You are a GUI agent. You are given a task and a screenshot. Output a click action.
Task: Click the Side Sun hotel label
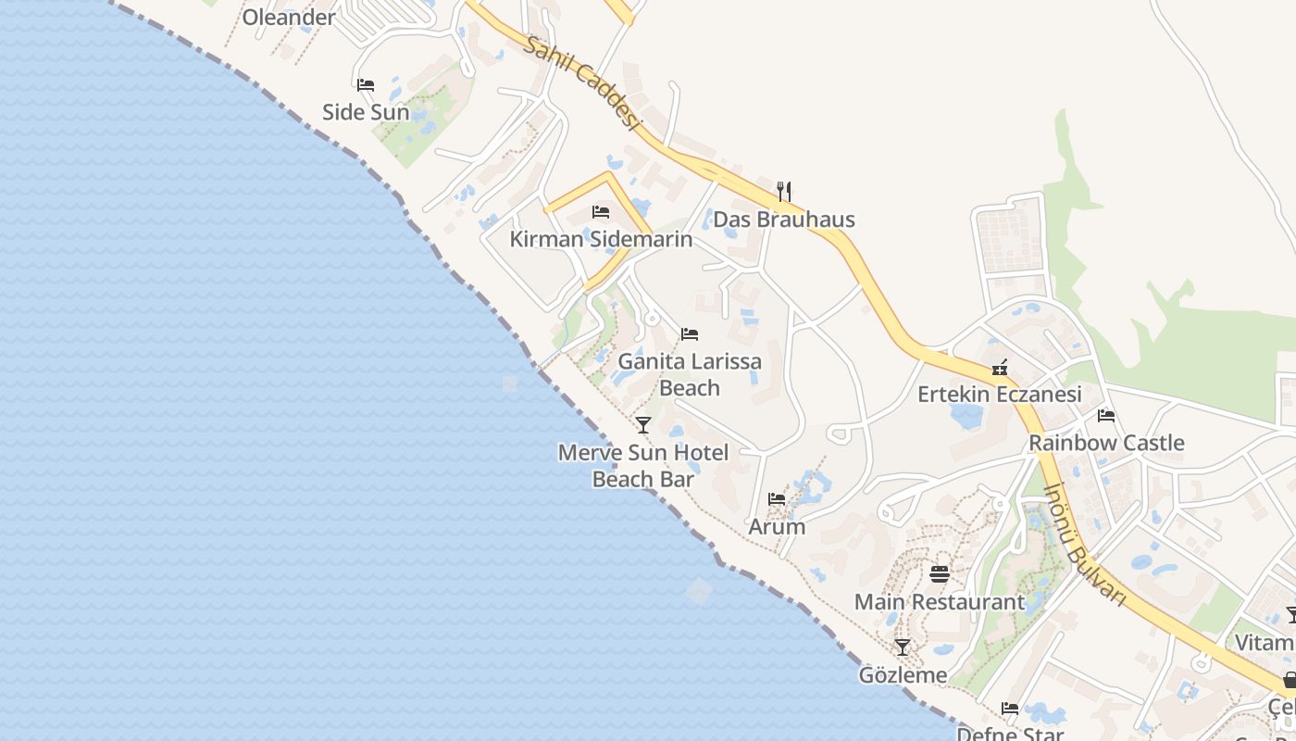366,112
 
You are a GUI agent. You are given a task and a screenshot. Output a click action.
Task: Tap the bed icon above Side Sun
366,85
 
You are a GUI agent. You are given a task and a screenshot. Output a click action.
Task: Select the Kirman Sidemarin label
601,239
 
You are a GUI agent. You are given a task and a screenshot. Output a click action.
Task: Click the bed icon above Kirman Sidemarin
601,212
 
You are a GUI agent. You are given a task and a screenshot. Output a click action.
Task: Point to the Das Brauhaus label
784,220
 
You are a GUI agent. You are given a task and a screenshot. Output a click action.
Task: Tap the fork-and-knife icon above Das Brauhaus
784,192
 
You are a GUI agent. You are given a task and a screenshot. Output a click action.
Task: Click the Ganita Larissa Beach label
690,374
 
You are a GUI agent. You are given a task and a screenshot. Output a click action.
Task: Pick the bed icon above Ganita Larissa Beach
690,334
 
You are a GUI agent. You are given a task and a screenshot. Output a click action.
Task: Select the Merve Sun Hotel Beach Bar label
643,466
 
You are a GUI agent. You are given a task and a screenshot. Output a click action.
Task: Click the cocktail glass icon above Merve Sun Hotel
643,425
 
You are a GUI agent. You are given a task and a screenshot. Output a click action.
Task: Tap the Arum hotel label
777,527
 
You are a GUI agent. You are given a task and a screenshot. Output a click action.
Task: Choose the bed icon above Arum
777,499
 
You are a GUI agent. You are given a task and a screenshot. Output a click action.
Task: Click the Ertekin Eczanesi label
1000,395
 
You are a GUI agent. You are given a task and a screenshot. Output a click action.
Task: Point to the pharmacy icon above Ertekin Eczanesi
1000,368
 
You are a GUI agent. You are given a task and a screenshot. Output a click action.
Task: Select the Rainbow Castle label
1106,443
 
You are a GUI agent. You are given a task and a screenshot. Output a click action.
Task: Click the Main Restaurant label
940,602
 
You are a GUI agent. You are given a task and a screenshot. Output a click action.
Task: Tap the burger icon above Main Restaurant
940,574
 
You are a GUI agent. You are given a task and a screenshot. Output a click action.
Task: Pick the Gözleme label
903,675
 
